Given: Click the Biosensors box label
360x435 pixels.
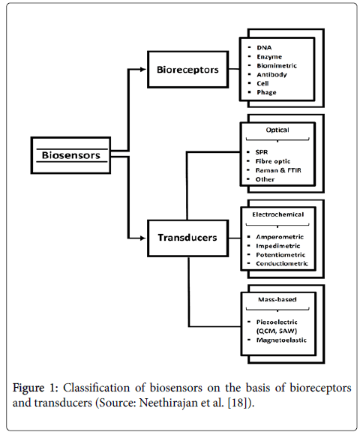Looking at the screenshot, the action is (71, 155).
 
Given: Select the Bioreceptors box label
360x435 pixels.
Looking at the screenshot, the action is (187, 70).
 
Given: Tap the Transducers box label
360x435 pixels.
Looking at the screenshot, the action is (187, 238).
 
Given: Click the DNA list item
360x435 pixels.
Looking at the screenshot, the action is (264, 48).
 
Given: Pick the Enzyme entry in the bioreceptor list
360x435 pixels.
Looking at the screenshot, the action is (269, 57).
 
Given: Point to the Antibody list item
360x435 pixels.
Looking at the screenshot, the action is (271, 74).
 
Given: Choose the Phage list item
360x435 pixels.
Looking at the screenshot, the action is (266, 92).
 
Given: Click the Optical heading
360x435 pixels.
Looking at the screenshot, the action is (277, 130).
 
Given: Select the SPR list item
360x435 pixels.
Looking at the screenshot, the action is (262, 152).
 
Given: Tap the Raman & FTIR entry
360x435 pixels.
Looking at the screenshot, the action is (278, 170).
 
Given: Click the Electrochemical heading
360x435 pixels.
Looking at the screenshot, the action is (278, 214).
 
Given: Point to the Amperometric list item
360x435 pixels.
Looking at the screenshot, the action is (280, 237).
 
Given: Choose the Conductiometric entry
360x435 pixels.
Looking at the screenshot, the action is (282, 263).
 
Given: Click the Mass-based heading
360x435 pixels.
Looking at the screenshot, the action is (277, 299).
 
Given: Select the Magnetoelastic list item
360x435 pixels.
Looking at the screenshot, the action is (281, 340).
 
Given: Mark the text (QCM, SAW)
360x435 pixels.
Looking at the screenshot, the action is (277, 331).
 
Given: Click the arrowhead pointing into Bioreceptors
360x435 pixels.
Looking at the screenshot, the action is (143, 69).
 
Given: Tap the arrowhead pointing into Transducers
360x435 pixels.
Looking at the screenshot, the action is (143, 238).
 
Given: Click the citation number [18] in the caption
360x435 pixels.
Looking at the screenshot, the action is (238, 403).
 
